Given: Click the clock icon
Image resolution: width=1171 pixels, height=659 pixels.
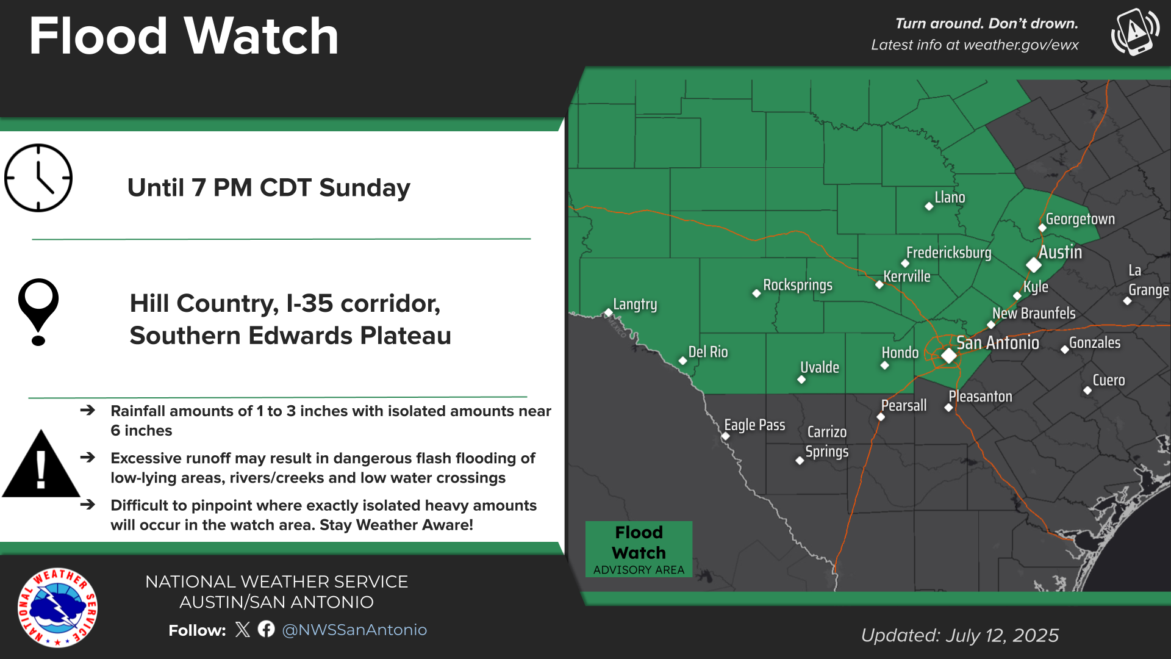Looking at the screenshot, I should pos(38,178).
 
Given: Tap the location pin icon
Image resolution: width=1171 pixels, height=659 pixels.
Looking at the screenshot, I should pos(38,311).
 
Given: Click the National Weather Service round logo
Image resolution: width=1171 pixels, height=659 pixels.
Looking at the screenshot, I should pos(57,608).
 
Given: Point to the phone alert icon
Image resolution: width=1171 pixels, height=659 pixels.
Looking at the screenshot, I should pos(1135,32).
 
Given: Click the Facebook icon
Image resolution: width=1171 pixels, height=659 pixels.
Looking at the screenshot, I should pos(266,629).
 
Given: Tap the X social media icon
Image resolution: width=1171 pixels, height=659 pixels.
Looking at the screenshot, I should pos(242,629).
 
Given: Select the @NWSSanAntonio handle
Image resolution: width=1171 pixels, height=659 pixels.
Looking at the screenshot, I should pos(354,630).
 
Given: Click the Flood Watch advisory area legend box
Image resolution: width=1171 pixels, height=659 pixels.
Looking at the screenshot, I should pos(639,549).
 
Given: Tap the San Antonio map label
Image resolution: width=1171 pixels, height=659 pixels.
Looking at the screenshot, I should pos(997,343).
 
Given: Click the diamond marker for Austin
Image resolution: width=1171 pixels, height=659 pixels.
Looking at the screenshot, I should pos(1033,265).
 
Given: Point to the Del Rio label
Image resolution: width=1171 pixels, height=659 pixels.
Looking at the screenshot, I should pos(707,352).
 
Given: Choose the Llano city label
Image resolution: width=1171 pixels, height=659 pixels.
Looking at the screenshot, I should pos(950,198).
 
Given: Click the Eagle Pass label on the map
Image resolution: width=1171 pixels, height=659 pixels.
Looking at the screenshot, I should pos(754,425).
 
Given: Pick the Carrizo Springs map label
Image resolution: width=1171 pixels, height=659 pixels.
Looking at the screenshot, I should pos(826,442).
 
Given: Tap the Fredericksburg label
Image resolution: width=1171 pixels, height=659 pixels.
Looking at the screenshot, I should pos(948,253).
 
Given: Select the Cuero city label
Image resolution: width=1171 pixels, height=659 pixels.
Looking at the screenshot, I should pos(1108,380).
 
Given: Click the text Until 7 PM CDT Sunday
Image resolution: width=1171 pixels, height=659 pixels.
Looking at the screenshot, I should pos(268,188).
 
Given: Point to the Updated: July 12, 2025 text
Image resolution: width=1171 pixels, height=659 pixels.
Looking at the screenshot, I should pos(959,635).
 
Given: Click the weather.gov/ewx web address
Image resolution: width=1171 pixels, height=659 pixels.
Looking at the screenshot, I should pos(1012,45).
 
